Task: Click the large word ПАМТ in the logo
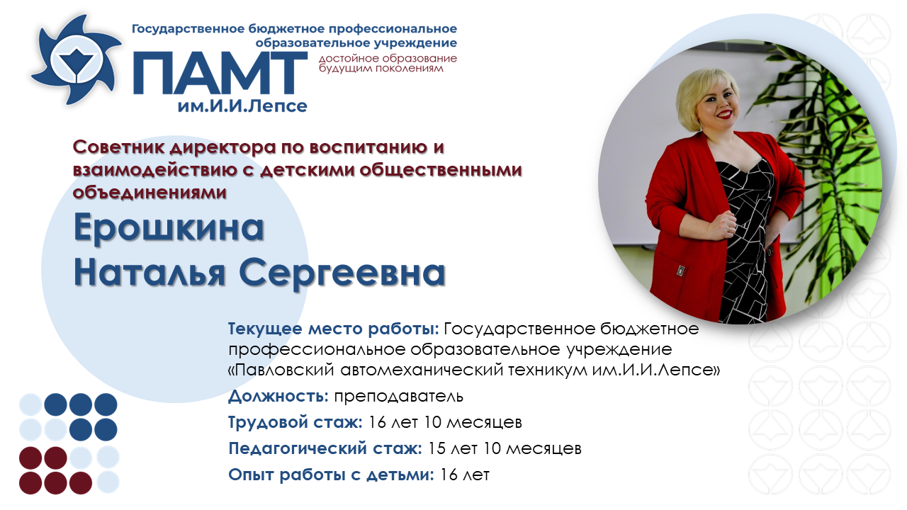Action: pyautogui.click(x=220, y=74)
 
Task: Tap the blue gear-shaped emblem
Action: pyautogui.click(x=76, y=60)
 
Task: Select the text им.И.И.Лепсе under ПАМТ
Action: pyautogui.click(x=242, y=106)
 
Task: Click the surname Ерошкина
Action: pyautogui.click(x=169, y=228)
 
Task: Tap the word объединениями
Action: pyautogui.click(x=150, y=192)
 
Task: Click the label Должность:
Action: pyautogui.click(x=278, y=396)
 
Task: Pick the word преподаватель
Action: pyautogui.click(x=398, y=396)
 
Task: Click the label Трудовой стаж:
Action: pyautogui.click(x=295, y=422)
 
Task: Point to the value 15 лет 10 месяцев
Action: pyautogui.click(x=505, y=448)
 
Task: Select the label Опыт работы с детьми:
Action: pyautogui.click(x=331, y=475)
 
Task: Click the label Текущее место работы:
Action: pyautogui.click(x=334, y=329)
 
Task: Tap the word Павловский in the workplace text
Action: pyautogui.click(x=285, y=370)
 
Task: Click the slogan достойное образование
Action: pyautogui.click(x=388, y=59)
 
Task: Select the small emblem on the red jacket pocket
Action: pyautogui.click(x=681, y=271)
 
